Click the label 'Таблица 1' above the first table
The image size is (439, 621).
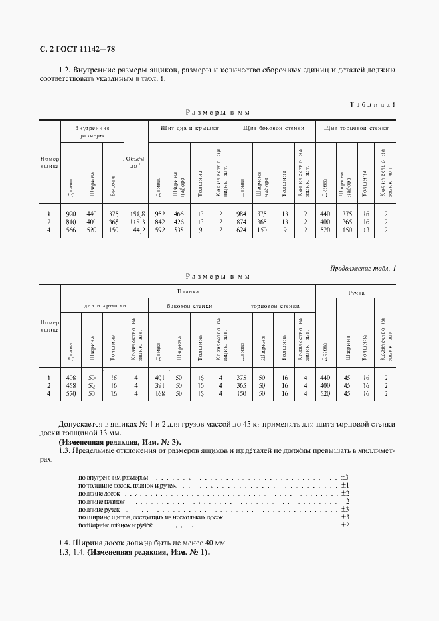[372, 105]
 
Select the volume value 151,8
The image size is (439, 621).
[136, 214]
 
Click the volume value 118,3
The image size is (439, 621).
[136, 222]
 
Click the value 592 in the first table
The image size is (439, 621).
[159, 230]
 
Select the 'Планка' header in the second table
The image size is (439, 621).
[188, 291]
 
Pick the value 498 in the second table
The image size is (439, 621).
[71, 378]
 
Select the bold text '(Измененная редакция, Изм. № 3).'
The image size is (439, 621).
[120, 442]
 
